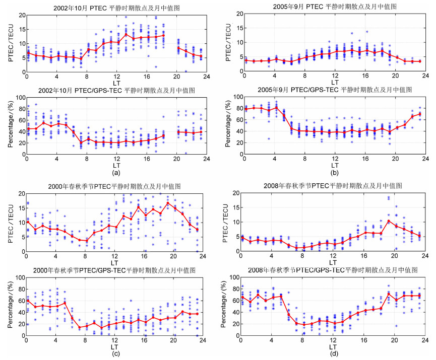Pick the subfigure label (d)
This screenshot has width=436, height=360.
(x=333, y=354)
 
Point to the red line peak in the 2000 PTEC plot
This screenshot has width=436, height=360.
(x=168, y=203)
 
